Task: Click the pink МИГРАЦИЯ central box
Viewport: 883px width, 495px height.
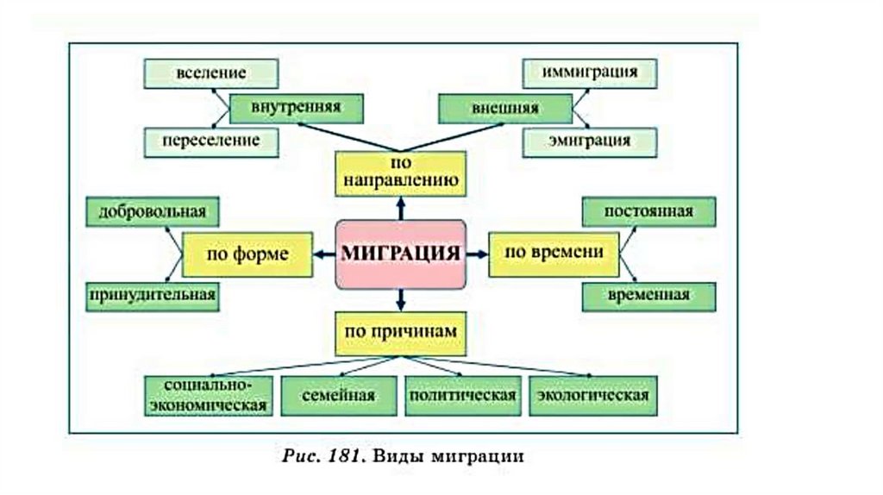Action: coord(400,254)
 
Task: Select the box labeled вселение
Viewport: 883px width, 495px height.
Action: coord(211,73)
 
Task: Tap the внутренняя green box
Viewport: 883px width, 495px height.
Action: coord(296,108)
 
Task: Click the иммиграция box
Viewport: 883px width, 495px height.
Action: coord(590,73)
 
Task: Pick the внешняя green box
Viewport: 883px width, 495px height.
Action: coord(504,109)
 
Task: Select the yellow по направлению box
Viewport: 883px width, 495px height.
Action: coord(400,172)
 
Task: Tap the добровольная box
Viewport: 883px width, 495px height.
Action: coord(152,211)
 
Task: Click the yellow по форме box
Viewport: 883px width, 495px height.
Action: coord(247,254)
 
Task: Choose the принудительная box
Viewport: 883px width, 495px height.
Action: coord(152,296)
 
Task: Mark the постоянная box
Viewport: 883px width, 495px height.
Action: coord(648,211)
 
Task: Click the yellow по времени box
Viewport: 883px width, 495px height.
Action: coord(554,254)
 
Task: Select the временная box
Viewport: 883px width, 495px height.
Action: coord(648,296)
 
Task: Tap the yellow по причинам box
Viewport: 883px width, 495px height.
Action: coord(400,333)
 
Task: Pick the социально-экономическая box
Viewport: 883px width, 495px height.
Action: coord(206,395)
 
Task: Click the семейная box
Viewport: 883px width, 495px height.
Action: coord(339,395)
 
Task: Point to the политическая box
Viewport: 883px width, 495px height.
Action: coord(463,395)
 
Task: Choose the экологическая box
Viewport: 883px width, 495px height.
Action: coord(593,395)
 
